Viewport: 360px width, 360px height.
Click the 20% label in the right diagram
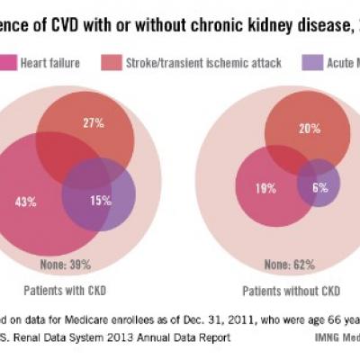[310, 129]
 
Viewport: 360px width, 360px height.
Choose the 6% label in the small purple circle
[320, 189]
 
